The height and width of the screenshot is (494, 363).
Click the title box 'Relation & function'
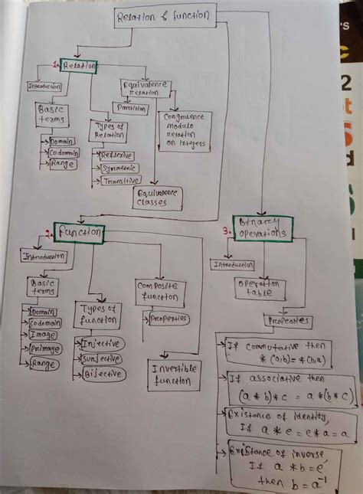(165, 16)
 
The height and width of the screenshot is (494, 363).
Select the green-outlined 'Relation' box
(79, 67)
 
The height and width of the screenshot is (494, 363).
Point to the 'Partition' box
(131, 109)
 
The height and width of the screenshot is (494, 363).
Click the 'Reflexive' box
(117, 154)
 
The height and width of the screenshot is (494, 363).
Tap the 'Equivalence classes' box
(159, 198)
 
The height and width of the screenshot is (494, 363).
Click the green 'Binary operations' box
(263, 227)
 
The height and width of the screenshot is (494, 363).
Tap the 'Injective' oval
(100, 343)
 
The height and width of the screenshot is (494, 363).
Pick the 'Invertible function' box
(175, 373)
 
